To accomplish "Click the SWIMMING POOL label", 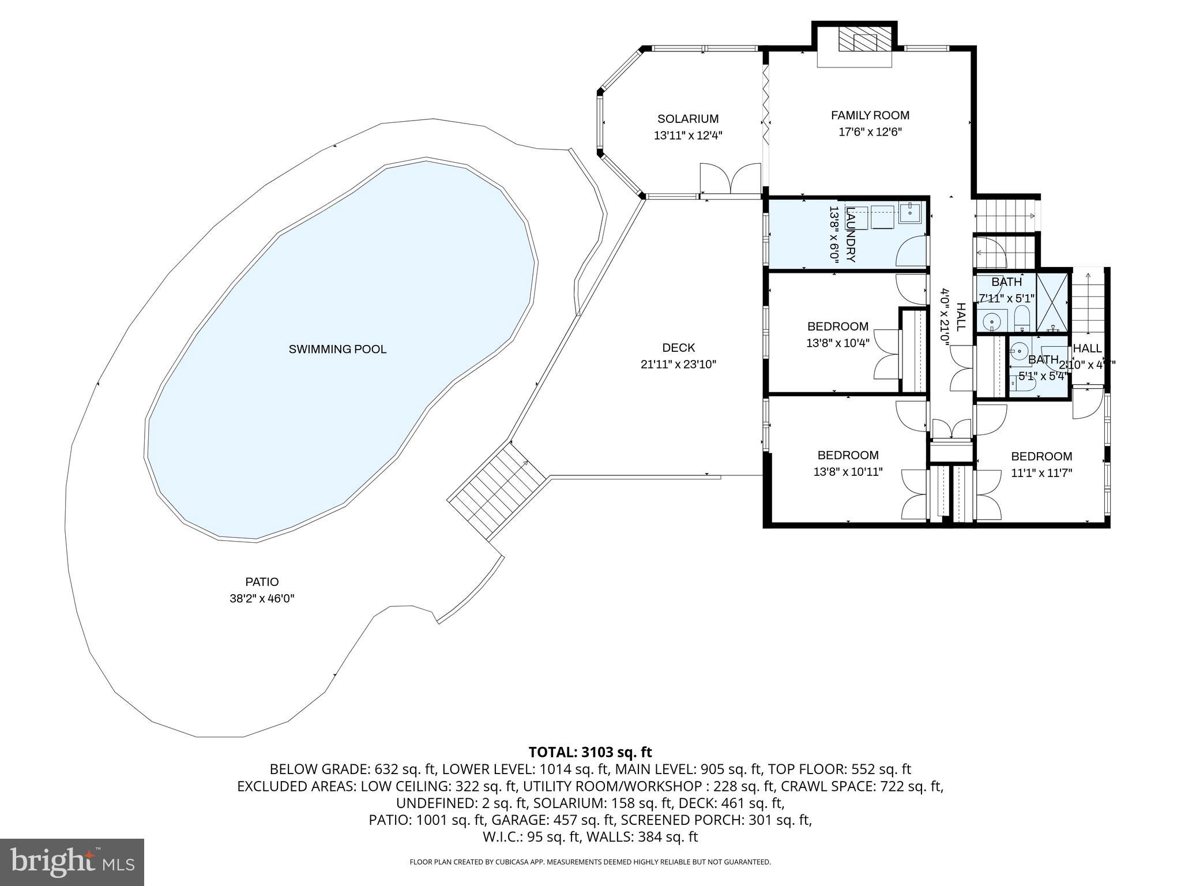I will [337, 349].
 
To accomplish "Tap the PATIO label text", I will [262, 582].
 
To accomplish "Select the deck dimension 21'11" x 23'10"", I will [678, 365].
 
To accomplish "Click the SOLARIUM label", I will [688, 119].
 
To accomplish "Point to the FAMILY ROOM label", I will [870, 115].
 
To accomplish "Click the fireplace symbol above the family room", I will [857, 42].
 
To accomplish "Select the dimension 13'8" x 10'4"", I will [837, 343].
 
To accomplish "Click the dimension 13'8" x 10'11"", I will [848, 472].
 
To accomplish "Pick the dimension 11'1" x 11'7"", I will [1041, 473].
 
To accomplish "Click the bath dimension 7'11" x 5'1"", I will [1007, 298].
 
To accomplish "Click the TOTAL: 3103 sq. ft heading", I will [590, 752].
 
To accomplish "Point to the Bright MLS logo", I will [72, 862].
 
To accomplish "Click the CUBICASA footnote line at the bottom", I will [590, 862].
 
